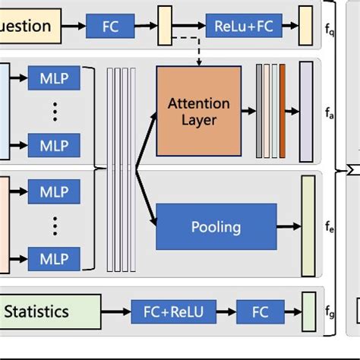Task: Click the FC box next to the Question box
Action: [111, 27]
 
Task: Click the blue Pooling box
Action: [215, 226]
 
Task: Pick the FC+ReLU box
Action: [174, 311]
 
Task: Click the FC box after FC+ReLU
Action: [261, 311]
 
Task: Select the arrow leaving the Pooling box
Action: [287, 226]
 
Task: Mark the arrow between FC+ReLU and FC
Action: [226, 311]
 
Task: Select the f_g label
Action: [328, 312]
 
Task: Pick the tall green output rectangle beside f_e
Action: [308, 226]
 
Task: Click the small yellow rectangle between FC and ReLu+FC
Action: [165, 27]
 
